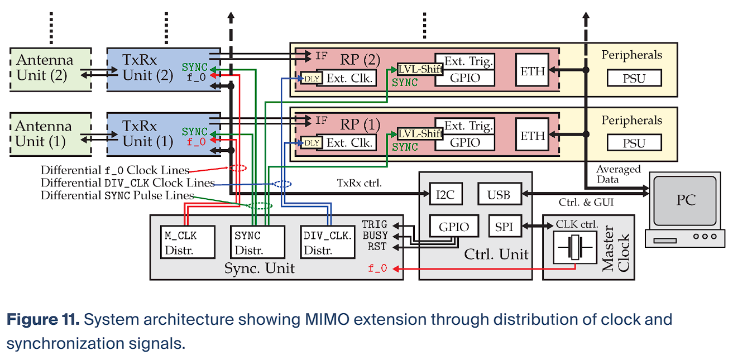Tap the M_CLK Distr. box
point(188,242)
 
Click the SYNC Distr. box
point(257,242)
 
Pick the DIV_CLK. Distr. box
point(328,242)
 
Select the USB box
point(499,194)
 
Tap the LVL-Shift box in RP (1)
point(420,134)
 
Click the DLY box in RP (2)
point(312,79)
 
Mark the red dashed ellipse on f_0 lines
point(237,168)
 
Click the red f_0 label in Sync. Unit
point(377,268)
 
